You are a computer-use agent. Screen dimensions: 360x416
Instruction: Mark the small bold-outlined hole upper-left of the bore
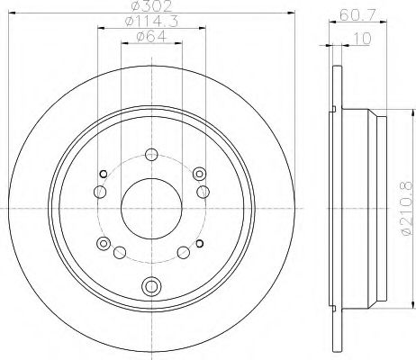pyautogui.click(x=104, y=174)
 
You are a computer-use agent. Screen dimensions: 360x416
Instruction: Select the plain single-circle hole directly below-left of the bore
pyautogui.click(x=119, y=253)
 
